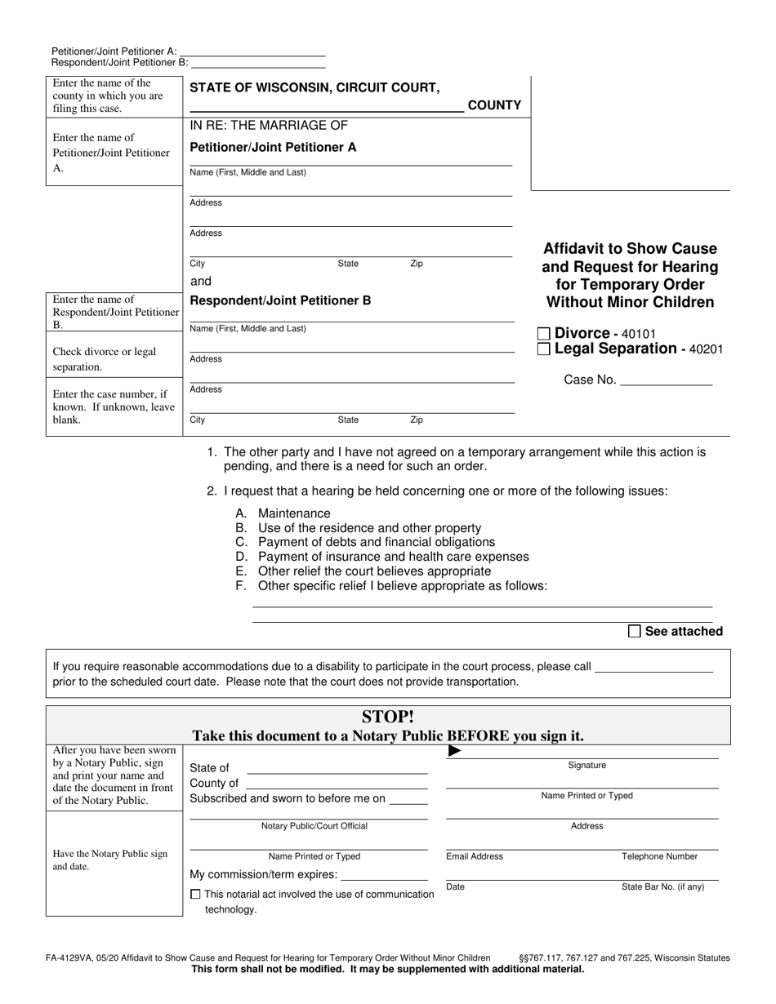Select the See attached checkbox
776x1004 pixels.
(x=635, y=631)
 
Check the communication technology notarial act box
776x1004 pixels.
(x=194, y=895)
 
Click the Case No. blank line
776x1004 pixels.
(x=667, y=380)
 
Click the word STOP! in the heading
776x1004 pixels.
(x=388, y=717)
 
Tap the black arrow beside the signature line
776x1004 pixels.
(x=455, y=751)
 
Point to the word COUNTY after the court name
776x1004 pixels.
(x=493, y=105)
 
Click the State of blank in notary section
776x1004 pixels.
(x=337, y=768)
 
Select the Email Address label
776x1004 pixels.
(x=475, y=856)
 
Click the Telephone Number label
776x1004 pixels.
(x=659, y=856)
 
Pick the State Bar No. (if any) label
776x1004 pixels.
(x=662, y=886)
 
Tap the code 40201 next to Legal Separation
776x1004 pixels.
(x=707, y=349)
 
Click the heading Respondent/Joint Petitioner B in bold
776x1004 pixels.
(x=280, y=300)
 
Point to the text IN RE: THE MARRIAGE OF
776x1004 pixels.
(x=269, y=125)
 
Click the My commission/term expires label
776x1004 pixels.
(x=264, y=874)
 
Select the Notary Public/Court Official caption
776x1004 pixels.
(x=314, y=826)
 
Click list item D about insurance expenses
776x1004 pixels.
(x=392, y=557)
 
